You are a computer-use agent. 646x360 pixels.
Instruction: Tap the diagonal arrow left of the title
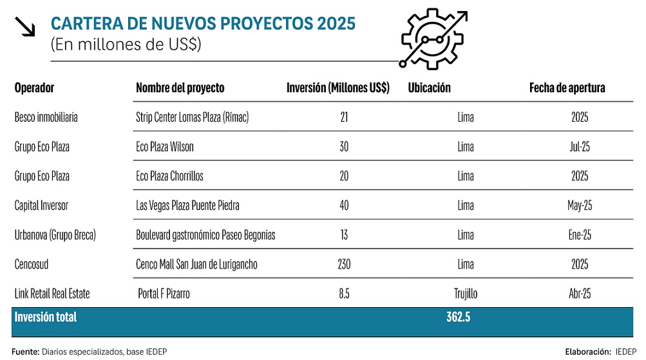24,28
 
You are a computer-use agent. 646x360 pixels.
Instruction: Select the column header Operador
35,88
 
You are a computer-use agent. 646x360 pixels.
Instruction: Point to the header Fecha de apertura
567,88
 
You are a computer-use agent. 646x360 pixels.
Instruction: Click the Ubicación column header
430,88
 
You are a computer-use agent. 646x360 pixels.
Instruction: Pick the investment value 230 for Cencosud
343,264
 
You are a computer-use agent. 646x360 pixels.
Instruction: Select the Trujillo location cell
465,294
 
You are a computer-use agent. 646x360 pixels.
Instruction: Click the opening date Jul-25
580,147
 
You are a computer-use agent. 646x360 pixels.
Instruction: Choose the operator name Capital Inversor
41,205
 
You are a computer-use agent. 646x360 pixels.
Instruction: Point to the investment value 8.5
343,294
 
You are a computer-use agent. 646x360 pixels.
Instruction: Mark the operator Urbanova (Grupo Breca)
55,235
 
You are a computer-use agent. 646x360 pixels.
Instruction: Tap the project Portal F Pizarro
164,294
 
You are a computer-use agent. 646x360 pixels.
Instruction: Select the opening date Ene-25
580,235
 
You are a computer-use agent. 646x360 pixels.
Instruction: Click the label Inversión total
46,317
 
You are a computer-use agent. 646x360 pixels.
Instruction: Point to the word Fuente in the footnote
25,352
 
